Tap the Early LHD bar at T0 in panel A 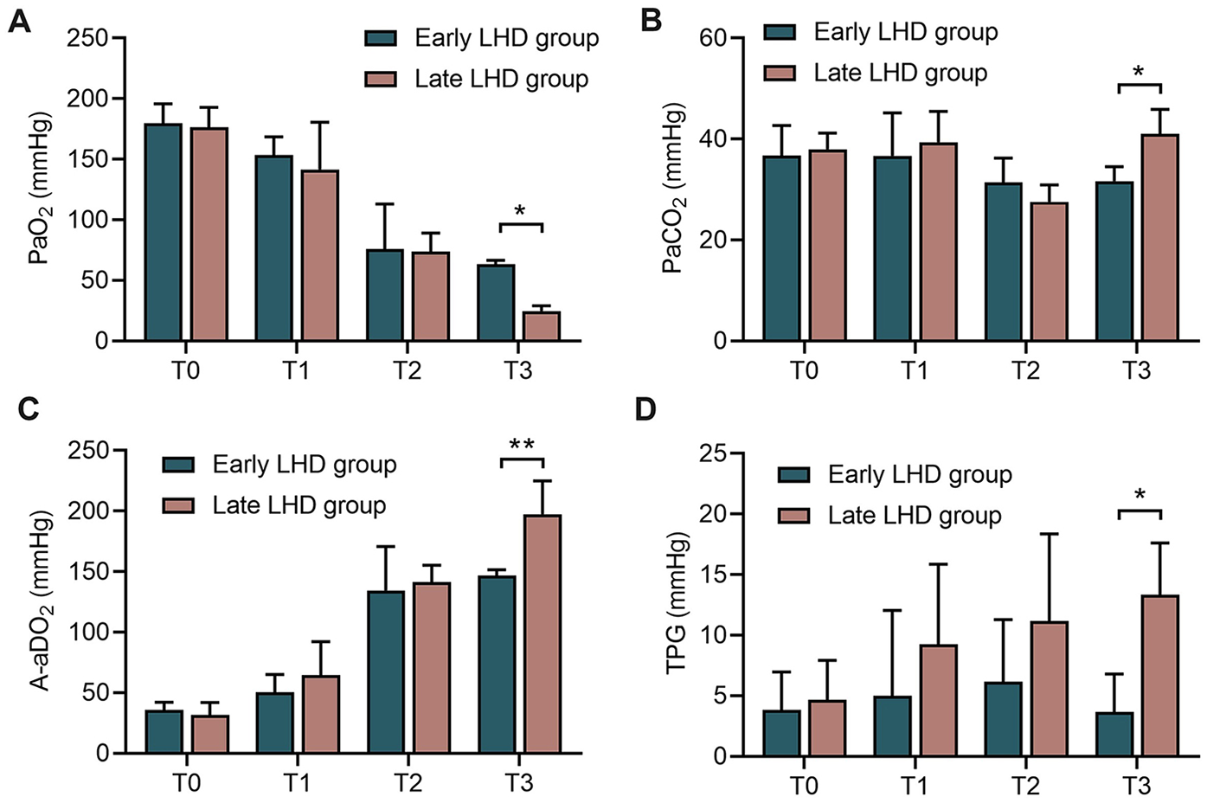click(164, 232)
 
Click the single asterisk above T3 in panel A click(520, 211)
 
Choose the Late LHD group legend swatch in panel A click(381, 80)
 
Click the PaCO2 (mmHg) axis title click(673, 189)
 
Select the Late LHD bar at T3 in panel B click(1159, 237)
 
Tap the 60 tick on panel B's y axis click(712, 38)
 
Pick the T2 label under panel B click(1025, 370)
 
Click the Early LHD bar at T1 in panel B click(892, 248)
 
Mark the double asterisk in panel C click(522, 445)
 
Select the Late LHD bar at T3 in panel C click(543, 633)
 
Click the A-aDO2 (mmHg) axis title click(40, 601)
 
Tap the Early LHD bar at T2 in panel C click(386, 671)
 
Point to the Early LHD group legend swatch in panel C click(179, 465)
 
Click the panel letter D click(645, 409)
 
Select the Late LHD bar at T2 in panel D click(1049, 688)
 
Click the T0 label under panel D click(804, 786)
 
